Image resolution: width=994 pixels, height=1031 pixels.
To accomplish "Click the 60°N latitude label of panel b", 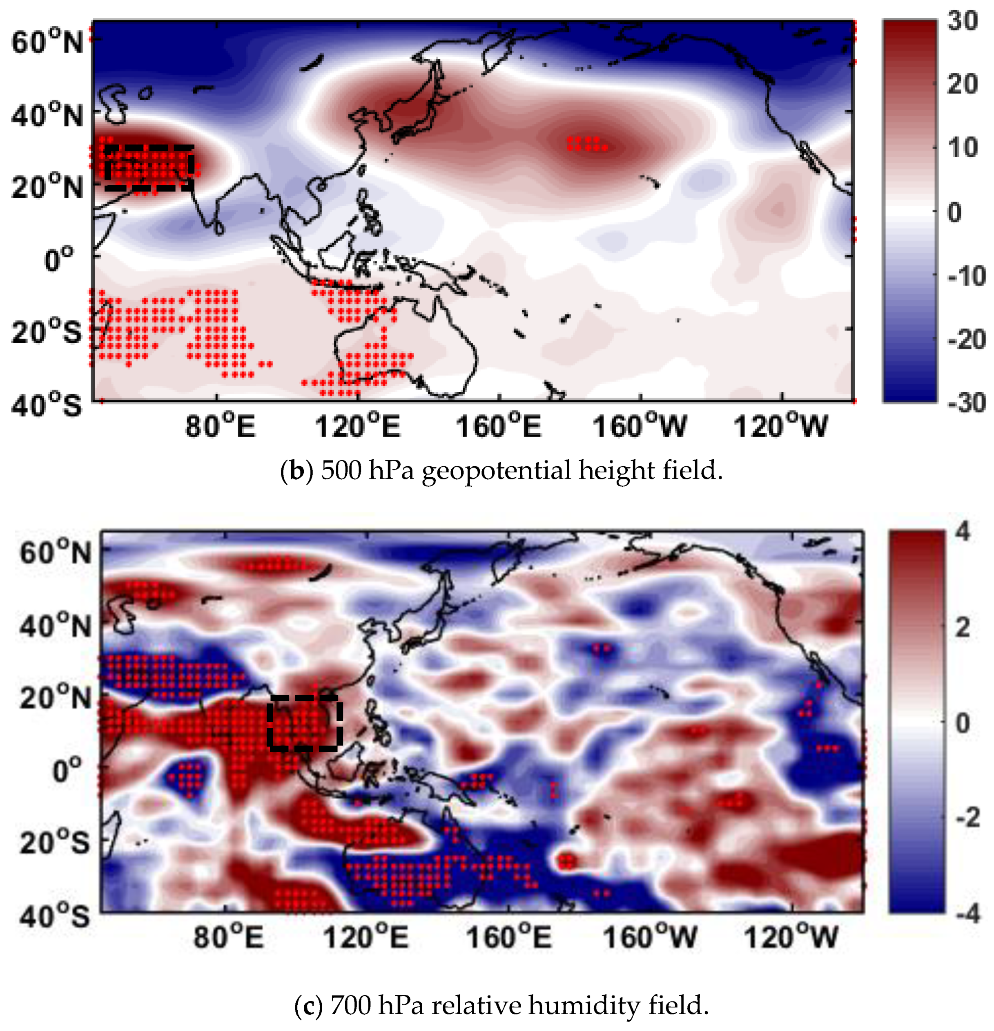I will (x=47, y=42).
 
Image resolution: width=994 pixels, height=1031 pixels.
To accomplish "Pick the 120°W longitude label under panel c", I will (x=791, y=937).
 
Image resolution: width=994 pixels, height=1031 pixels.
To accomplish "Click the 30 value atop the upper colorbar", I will (x=962, y=21).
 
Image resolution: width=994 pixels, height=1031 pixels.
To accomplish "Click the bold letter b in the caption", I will (x=296, y=470).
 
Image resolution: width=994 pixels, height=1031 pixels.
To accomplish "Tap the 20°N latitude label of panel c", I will (x=55, y=698).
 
